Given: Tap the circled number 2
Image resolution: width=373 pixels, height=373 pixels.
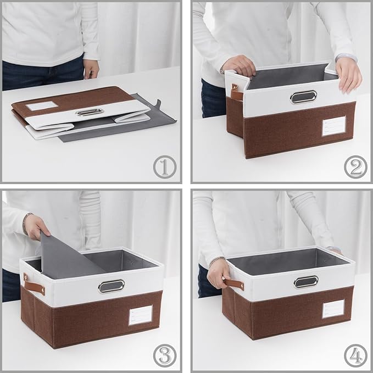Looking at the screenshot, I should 355,166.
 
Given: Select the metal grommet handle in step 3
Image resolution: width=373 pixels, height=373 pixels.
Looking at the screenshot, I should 111,286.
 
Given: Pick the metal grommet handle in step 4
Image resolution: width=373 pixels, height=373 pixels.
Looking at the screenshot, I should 306,282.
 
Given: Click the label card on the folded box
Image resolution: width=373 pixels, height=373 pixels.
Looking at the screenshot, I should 42,105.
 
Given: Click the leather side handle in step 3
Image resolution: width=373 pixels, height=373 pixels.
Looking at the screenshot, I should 35,283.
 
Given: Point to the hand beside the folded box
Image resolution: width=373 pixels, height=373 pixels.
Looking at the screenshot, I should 91,69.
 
